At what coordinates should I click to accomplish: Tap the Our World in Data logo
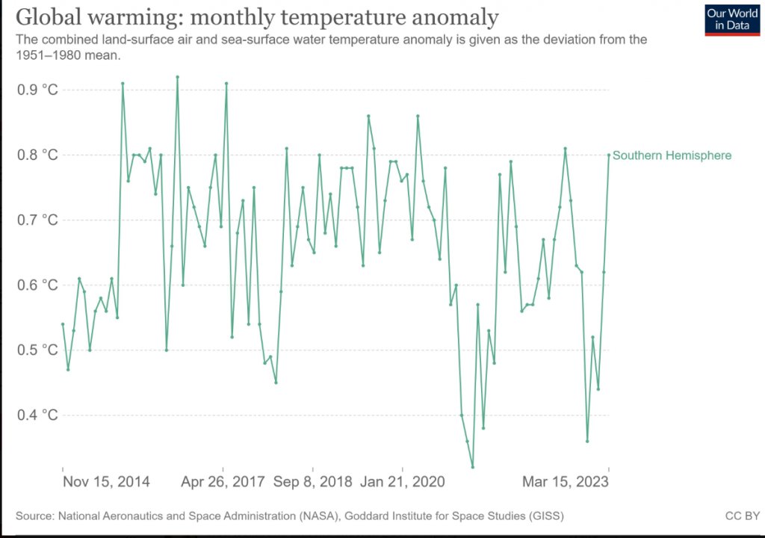pyautogui.click(x=731, y=20)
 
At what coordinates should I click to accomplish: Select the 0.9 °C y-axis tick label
pyautogui.click(x=37, y=90)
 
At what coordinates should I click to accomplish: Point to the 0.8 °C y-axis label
pyautogui.click(x=37, y=155)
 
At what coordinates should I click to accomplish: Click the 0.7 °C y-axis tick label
pyautogui.click(x=37, y=220)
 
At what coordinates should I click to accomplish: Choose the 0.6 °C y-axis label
pyautogui.click(x=37, y=285)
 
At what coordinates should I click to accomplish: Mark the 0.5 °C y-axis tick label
pyautogui.click(x=37, y=350)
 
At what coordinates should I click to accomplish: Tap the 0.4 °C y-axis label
pyautogui.click(x=37, y=415)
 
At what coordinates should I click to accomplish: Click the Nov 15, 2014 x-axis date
pyautogui.click(x=106, y=482)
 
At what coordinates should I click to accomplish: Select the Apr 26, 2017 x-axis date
pyautogui.click(x=223, y=482)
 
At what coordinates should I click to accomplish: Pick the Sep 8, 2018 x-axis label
pyautogui.click(x=312, y=482)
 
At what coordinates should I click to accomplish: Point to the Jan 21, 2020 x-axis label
pyautogui.click(x=403, y=482)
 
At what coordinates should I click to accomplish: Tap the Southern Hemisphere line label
pyautogui.click(x=672, y=155)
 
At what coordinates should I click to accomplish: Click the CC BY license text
pyautogui.click(x=742, y=516)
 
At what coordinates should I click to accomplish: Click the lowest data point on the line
pyautogui.click(x=472, y=467)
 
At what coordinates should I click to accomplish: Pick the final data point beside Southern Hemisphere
pyautogui.click(x=609, y=155)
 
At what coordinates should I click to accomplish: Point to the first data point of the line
pyautogui.click(x=63, y=324)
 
